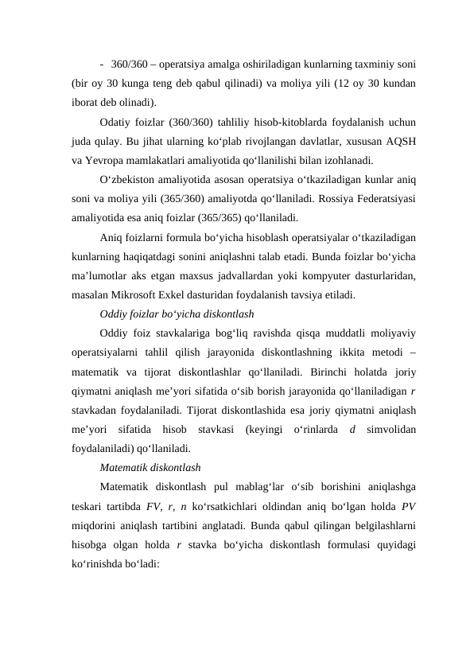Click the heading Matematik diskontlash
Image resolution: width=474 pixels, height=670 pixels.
click(x=150, y=466)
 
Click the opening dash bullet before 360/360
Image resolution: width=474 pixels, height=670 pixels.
click(x=103, y=64)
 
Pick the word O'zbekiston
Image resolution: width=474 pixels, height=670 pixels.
click(x=132, y=178)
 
